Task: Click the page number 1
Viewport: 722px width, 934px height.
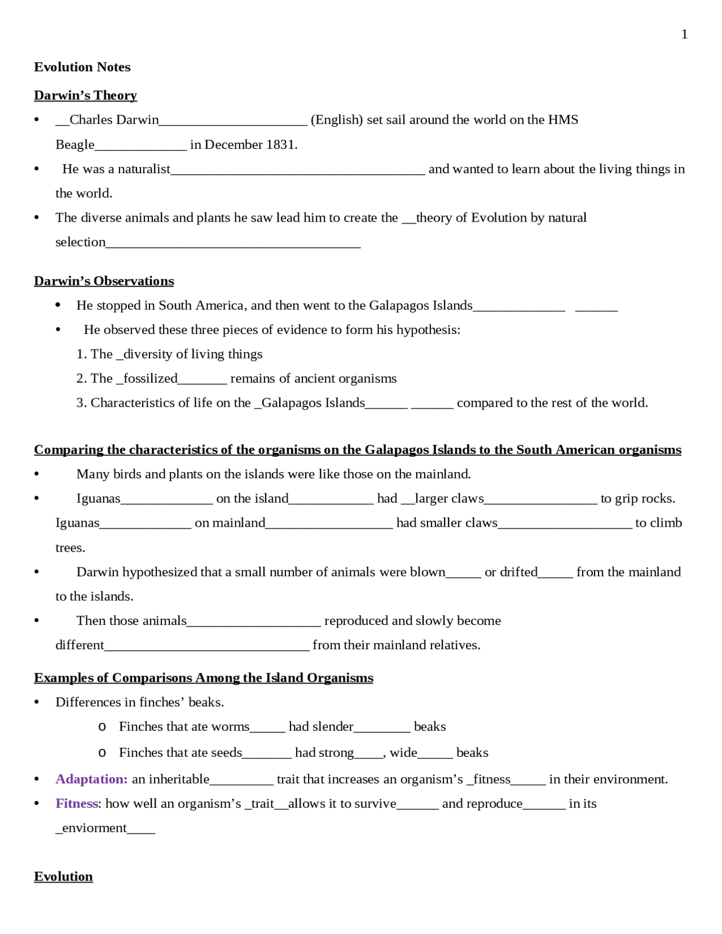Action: [x=684, y=34]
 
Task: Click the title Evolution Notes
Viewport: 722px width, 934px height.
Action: [x=82, y=67]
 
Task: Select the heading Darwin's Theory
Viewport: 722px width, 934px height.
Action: [x=85, y=95]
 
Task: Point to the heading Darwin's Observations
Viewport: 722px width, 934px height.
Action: [x=104, y=281]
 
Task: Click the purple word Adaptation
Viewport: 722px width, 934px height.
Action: [x=91, y=779]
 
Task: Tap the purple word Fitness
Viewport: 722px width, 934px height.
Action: [x=77, y=804]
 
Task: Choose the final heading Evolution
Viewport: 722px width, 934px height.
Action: [x=63, y=876]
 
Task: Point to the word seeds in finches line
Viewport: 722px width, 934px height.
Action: [x=226, y=753]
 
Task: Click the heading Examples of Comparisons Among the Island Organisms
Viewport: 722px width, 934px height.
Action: [x=203, y=678]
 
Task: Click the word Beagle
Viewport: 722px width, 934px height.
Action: [x=75, y=145]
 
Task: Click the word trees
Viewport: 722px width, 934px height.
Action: [x=69, y=548]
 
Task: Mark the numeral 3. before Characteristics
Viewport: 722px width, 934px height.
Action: [x=81, y=403]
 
